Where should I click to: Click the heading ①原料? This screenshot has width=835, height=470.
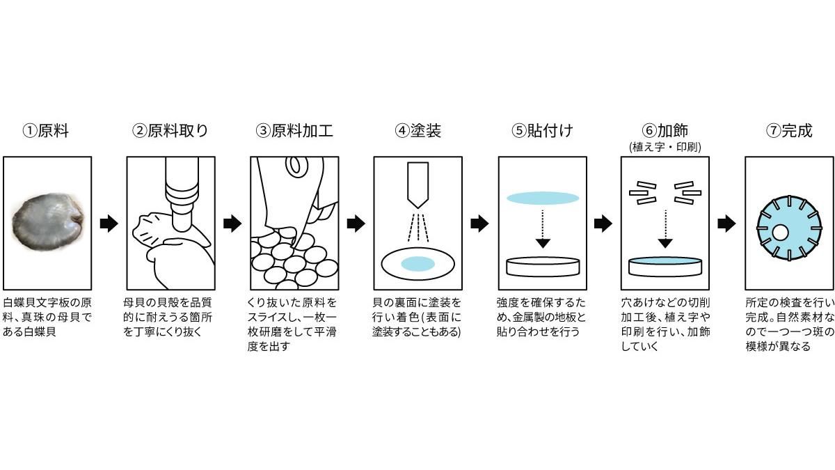(x=46, y=131)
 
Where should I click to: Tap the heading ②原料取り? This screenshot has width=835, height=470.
(x=170, y=131)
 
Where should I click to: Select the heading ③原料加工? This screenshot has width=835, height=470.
(x=294, y=131)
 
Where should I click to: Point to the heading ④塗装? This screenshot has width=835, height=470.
(x=417, y=131)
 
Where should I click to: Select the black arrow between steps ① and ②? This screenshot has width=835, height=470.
(x=109, y=224)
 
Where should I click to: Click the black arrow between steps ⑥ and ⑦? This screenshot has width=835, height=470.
(x=726, y=224)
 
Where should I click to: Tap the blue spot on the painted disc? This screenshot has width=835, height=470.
(x=417, y=263)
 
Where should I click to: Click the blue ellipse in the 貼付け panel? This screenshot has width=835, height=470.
(x=543, y=198)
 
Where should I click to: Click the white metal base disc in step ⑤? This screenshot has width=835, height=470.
(x=543, y=266)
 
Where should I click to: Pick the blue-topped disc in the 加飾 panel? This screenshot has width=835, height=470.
(x=665, y=265)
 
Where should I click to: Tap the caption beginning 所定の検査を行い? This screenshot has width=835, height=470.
(x=788, y=324)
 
